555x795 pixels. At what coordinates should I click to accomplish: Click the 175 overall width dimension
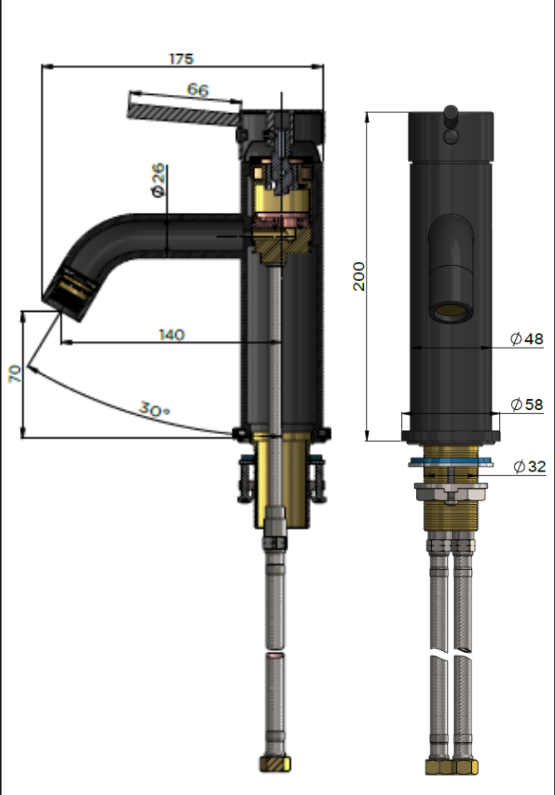coord(180,59)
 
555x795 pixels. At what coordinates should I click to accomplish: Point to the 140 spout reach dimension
coord(171,334)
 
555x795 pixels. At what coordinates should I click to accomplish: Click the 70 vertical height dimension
coord(14,373)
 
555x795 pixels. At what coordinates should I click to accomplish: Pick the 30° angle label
coord(155,410)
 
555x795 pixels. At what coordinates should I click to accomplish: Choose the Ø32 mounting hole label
coord(529,467)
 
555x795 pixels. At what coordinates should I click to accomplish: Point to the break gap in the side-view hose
coord(274,650)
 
